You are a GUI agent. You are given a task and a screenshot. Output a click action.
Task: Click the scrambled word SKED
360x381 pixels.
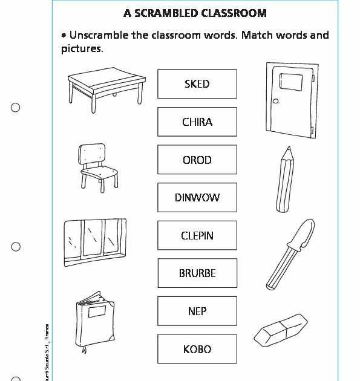(x=197, y=83)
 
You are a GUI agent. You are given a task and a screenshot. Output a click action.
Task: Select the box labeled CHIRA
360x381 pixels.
(x=197, y=122)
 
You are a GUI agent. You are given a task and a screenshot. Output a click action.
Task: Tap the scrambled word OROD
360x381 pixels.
(x=197, y=160)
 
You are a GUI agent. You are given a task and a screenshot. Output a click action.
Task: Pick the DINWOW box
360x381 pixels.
(x=197, y=197)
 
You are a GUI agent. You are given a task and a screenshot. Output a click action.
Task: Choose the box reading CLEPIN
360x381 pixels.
(x=197, y=235)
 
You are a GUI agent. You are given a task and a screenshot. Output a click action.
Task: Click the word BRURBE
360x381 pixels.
(x=197, y=273)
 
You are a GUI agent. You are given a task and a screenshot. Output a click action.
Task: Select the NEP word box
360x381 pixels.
(x=197, y=311)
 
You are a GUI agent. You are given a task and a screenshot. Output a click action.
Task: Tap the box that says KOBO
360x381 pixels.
(x=197, y=349)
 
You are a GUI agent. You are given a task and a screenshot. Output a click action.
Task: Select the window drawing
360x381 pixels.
(x=95, y=241)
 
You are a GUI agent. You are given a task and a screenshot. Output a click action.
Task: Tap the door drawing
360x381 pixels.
(x=290, y=99)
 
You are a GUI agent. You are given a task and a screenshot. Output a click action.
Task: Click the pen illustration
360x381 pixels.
(x=290, y=254)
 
